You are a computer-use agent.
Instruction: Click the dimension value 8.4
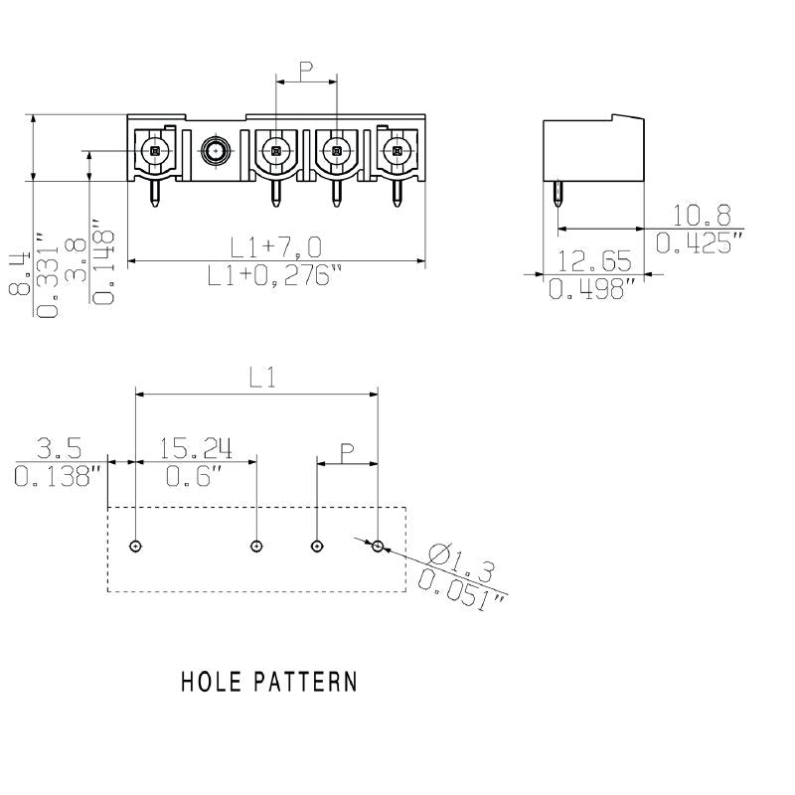(x=20, y=271)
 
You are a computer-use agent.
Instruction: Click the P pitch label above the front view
(x=306, y=71)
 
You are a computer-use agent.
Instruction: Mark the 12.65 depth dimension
(x=594, y=261)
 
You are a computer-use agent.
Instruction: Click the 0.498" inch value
(x=593, y=289)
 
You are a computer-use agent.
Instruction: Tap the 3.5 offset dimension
(x=59, y=448)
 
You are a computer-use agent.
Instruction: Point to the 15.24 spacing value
(x=190, y=448)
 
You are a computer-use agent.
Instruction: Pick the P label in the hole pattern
(x=348, y=453)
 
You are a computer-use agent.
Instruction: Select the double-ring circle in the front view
(x=215, y=151)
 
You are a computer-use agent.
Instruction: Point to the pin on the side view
(x=558, y=200)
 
